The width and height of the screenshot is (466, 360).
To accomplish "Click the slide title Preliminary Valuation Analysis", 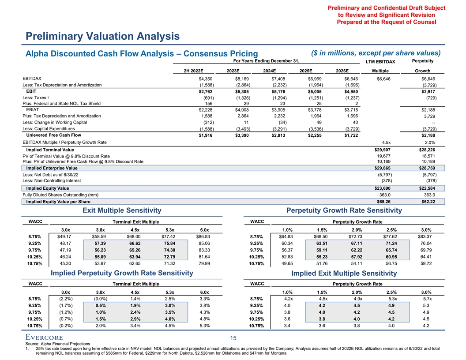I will [102, 36].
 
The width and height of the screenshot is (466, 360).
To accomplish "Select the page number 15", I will [233, 338].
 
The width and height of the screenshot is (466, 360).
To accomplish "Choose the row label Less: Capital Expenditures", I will [52, 128].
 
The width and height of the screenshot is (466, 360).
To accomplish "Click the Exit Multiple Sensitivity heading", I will [122, 210].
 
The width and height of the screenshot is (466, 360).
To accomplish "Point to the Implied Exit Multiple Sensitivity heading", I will [344, 274].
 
